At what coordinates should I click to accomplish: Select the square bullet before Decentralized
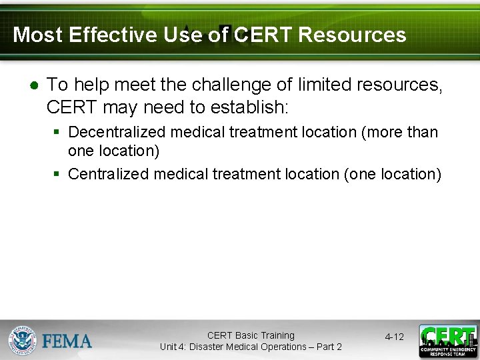(57, 133)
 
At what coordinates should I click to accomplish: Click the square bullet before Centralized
(57, 175)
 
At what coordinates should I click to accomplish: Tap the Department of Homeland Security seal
(22, 340)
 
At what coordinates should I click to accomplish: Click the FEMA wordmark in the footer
(67, 341)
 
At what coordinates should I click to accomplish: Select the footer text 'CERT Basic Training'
(251, 335)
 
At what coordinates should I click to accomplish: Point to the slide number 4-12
(394, 337)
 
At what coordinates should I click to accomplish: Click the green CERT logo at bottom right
(447, 341)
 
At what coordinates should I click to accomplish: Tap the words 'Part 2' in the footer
(328, 347)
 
